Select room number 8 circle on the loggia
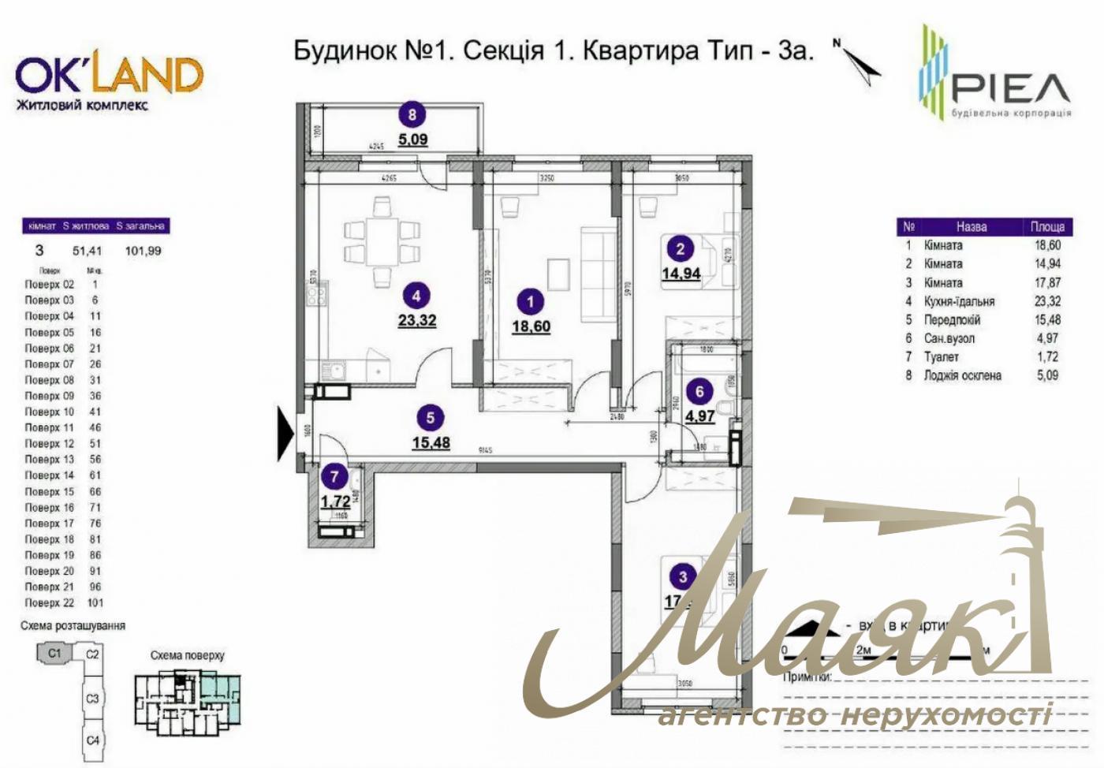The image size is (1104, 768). click(x=412, y=115)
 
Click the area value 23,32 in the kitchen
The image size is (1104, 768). click(x=417, y=320)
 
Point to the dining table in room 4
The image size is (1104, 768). click(x=382, y=241)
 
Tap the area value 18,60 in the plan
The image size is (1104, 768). click(x=531, y=326)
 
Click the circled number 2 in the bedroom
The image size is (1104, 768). click(x=680, y=249)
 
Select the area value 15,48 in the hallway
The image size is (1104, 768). click(x=431, y=442)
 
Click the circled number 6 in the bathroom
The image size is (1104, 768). click(x=699, y=391)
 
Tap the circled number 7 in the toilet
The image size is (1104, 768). click(x=335, y=476)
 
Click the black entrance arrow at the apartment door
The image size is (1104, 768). click(x=285, y=433)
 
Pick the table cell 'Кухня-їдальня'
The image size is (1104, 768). click(x=959, y=301)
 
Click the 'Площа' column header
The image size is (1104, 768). click(x=1047, y=226)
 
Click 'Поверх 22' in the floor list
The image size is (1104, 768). click(x=49, y=602)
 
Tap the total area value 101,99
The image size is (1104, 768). click(x=143, y=251)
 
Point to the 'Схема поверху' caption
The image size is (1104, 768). click(x=187, y=655)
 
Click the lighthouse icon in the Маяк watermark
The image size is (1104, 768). click(x=1017, y=552)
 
